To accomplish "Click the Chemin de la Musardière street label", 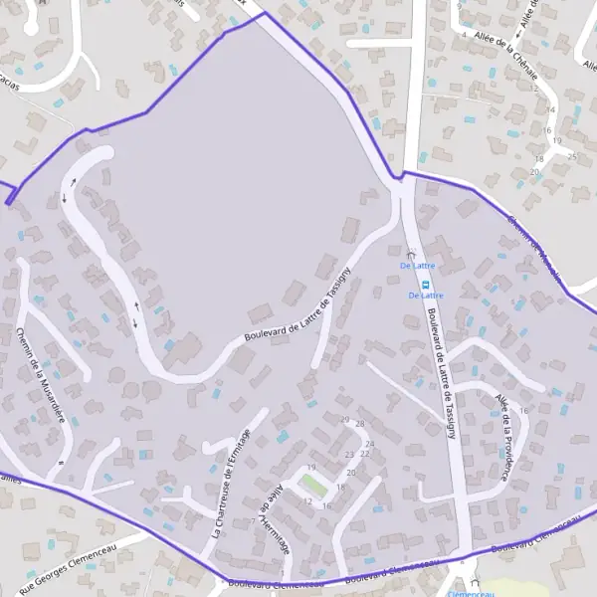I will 41,375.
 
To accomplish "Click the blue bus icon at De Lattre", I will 426,283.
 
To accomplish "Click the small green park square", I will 313,485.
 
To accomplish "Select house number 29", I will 345,420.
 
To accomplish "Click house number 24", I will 369,444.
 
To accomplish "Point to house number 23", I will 349,454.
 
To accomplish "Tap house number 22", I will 364,454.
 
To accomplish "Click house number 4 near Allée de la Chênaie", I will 464,36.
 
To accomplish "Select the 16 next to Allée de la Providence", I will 523,410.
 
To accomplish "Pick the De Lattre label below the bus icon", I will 426,296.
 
